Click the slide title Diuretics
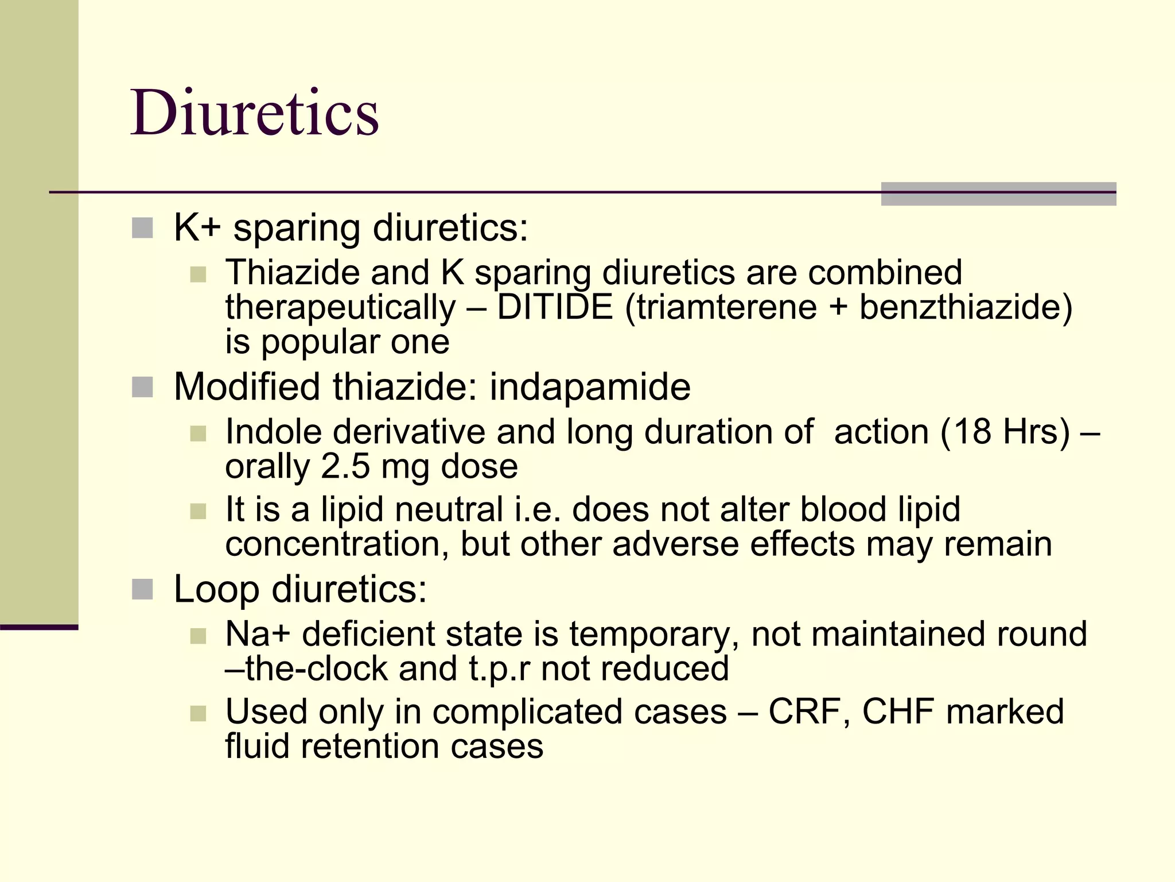(x=255, y=113)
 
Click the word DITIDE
(x=555, y=307)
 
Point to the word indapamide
(x=590, y=386)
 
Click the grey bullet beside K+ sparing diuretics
(x=142, y=228)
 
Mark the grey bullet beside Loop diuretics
(x=142, y=590)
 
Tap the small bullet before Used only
(x=198, y=713)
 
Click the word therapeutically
(x=340, y=307)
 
